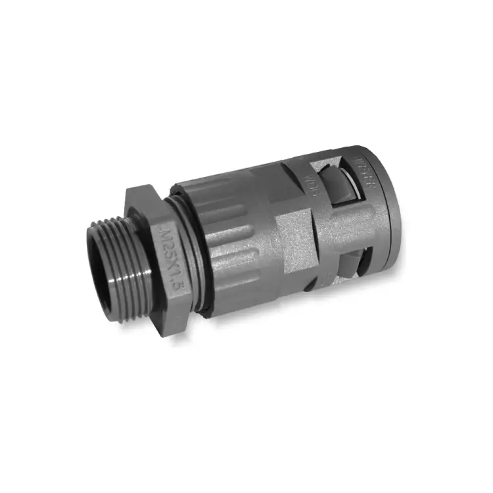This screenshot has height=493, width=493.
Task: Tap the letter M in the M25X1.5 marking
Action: click(x=162, y=231)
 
